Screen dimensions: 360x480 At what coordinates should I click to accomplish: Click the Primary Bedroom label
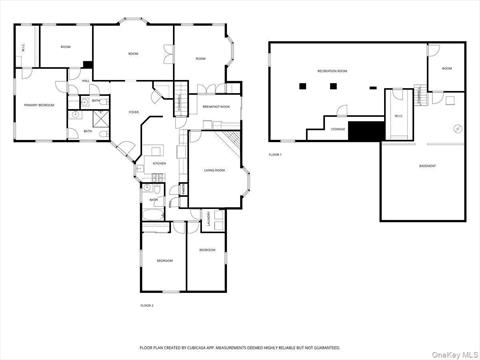click(x=39, y=104)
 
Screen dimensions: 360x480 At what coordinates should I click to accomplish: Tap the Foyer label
click(x=133, y=112)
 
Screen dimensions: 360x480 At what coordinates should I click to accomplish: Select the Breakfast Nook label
click(x=216, y=106)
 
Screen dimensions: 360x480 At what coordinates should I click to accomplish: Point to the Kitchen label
click(x=158, y=163)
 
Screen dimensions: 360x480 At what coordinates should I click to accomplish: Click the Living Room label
click(x=214, y=170)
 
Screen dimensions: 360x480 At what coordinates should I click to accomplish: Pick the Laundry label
click(x=208, y=216)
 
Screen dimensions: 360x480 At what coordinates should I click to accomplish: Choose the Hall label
click(x=86, y=80)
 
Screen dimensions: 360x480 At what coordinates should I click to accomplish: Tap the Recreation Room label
click(x=333, y=71)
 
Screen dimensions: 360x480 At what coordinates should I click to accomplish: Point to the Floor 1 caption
click(x=275, y=155)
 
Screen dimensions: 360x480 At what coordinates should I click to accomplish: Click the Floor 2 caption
click(x=146, y=304)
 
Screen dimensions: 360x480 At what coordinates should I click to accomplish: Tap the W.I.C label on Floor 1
click(x=398, y=115)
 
